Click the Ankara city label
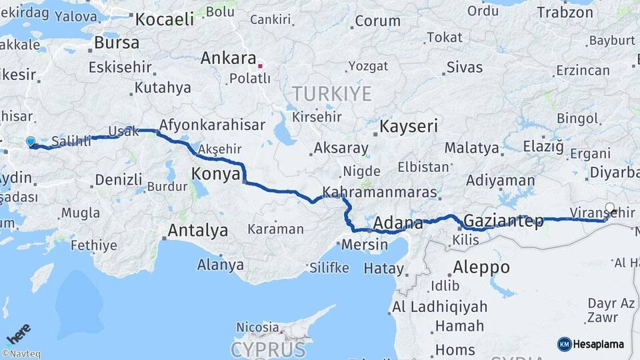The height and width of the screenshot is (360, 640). [229, 58]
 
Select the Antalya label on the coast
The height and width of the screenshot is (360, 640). [197, 231]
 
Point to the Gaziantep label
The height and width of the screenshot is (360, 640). [503, 221]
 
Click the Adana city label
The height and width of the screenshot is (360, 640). [398, 223]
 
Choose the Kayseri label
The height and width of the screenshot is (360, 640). [409, 126]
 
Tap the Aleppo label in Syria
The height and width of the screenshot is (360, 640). [481, 268]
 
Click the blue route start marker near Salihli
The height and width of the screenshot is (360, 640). [30, 141]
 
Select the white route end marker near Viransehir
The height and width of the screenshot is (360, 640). [610, 207]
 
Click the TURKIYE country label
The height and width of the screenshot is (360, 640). [331, 94]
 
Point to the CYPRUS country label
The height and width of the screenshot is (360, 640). [269, 349]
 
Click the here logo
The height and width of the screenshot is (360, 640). [19, 332]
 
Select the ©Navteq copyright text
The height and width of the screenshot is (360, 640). [20, 354]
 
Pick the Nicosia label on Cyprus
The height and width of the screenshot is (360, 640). [257, 327]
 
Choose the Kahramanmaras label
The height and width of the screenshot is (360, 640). [379, 193]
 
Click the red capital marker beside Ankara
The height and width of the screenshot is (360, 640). [261, 65]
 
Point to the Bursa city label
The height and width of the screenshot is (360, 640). [117, 43]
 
